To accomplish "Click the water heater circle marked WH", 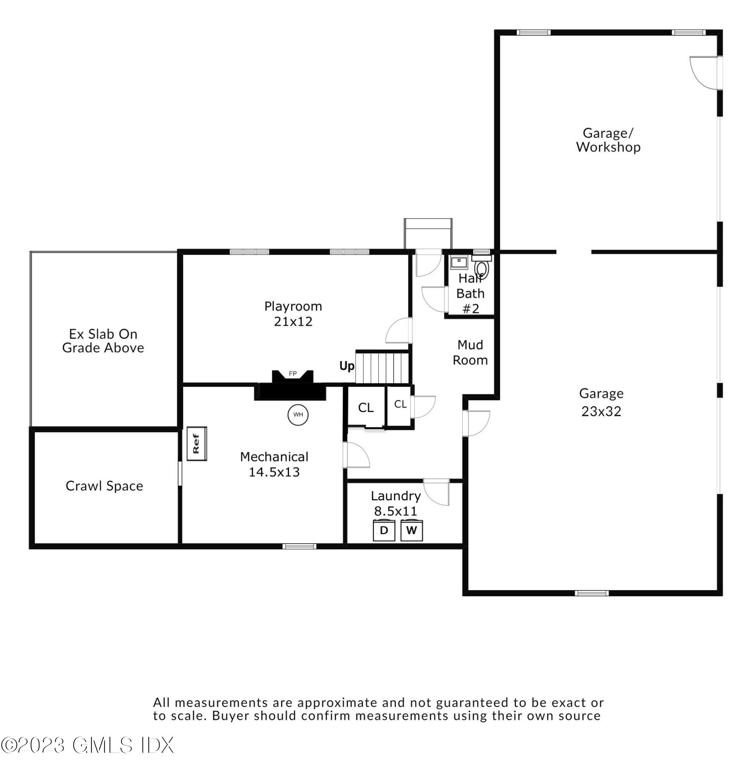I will tap(298, 414).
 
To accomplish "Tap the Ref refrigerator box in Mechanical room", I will tap(196, 444).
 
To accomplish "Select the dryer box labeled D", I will tap(383, 530).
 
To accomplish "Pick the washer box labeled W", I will tap(411, 530).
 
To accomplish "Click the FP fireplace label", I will tap(292, 374).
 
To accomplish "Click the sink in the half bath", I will tap(459, 262).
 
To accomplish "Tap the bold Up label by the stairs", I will tap(346, 366).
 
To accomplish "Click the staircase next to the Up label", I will tap(381, 367).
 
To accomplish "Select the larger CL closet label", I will tap(365, 408).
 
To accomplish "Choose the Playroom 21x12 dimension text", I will tap(293, 321).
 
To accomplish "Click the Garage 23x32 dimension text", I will tap(601, 411).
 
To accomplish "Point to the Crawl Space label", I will tap(104, 486).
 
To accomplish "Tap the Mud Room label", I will tap(470, 352).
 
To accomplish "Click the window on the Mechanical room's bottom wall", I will tap(299, 546).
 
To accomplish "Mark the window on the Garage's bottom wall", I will tap(592, 593).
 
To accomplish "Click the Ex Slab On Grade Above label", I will tap(103, 341).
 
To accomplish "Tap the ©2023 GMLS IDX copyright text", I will tap(87, 745).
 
